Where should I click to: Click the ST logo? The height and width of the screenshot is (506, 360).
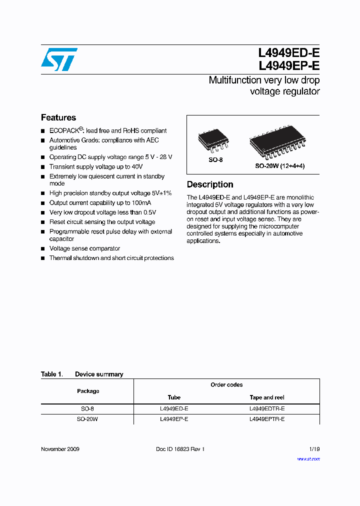coord(59,59)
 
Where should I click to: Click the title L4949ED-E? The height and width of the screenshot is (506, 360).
coord(288,53)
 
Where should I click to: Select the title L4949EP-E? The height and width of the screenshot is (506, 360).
coord(288,66)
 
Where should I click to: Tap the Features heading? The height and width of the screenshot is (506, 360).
coord(58,117)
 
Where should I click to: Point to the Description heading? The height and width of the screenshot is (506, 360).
coord(210,184)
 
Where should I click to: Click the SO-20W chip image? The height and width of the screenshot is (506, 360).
coord(277,143)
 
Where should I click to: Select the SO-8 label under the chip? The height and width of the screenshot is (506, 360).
coord(215,160)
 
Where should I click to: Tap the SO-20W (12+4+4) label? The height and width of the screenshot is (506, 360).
coord(279,165)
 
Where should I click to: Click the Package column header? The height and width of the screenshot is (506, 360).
coord(88,391)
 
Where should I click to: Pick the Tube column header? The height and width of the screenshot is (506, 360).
coord(174,397)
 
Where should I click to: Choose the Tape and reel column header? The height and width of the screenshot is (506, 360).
coord(267,397)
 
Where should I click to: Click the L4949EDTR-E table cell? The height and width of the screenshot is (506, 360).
coord(267,408)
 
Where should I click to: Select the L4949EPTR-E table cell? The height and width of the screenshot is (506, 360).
coord(267,419)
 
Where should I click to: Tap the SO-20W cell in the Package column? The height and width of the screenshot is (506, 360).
coord(87,419)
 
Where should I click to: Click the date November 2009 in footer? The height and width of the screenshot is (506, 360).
coord(60,449)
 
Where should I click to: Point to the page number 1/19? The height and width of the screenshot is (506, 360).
coord(314,449)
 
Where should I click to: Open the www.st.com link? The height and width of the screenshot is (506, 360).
coord(308,458)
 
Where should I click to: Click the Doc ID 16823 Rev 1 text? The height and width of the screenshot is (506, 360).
coord(180,449)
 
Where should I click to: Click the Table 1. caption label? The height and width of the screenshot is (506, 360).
coord(51,374)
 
